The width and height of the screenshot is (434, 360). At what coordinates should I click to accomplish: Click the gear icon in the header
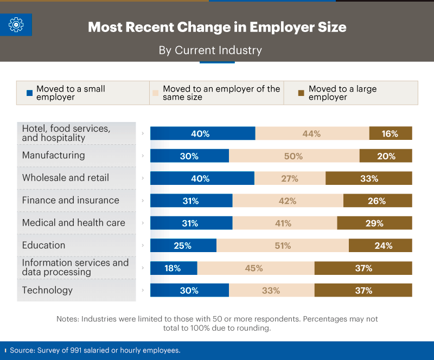(16, 24)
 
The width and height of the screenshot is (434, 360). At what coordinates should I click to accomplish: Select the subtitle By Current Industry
(210, 50)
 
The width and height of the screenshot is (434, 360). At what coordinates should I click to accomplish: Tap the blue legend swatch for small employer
(30, 93)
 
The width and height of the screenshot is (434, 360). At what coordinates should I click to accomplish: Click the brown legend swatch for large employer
(301, 93)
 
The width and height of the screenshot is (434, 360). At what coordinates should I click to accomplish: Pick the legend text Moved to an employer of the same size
(221, 93)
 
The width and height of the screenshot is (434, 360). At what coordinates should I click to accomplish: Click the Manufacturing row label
(53, 155)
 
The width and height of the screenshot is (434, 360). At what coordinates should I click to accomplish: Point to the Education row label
(43, 245)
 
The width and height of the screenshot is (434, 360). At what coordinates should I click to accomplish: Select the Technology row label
(47, 290)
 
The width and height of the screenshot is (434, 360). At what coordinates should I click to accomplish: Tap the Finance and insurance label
(71, 200)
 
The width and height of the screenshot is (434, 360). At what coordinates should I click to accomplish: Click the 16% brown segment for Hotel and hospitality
(391, 133)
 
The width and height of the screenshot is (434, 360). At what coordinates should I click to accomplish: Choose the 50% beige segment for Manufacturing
(294, 156)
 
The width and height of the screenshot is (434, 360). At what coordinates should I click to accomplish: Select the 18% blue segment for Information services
(174, 268)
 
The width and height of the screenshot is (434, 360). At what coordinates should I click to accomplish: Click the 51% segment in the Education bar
(283, 246)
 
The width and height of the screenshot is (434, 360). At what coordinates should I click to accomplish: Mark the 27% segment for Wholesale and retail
(290, 178)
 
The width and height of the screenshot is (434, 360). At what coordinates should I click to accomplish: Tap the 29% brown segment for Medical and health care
(374, 223)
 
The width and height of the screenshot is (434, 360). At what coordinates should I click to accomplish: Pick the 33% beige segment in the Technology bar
(271, 291)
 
